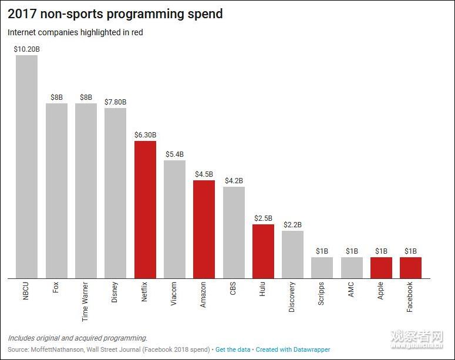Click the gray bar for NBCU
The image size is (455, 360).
(x=26, y=167)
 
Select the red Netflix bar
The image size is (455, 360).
(x=145, y=210)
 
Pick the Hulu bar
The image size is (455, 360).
(x=263, y=251)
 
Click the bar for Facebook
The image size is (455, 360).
(x=410, y=268)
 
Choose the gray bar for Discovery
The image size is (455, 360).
(x=292, y=254)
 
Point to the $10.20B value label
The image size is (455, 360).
(x=26, y=49)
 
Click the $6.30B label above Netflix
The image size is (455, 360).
(x=145, y=134)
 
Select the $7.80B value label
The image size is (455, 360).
(x=116, y=102)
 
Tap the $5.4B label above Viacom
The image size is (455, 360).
(x=174, y=154)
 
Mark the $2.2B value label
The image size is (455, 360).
(x=292, y=224)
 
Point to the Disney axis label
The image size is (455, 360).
(x=115, y=292)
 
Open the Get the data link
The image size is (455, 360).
(x=233, y=349)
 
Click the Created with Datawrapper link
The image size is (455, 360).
(x=293, y=349)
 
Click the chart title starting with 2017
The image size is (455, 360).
(x=115, y=14)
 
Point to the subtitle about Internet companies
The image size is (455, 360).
(x=75, y=32)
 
